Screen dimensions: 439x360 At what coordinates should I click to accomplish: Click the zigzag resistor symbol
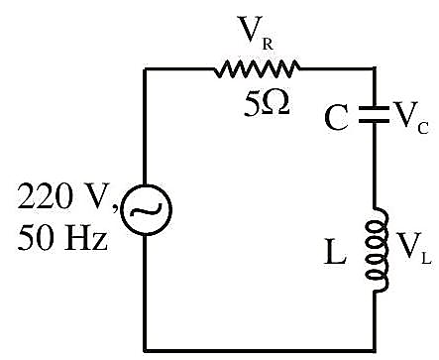257,68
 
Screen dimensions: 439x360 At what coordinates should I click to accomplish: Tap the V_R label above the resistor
256,33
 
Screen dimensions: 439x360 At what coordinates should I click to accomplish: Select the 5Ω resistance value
267,103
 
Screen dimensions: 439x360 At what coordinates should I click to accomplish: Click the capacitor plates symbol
374,114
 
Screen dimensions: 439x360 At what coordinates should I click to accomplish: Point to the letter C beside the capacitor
336,118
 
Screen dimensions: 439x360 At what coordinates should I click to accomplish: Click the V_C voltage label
411,118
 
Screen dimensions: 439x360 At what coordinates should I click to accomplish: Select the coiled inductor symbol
377,250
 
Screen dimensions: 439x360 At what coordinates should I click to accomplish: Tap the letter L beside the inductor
335,252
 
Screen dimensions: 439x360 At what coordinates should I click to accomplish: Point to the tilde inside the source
146,210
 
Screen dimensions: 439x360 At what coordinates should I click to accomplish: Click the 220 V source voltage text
67,197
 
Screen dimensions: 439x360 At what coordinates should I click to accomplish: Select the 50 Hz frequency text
62,238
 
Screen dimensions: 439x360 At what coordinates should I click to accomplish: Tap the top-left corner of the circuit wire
145,69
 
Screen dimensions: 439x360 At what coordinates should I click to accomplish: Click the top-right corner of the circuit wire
375,69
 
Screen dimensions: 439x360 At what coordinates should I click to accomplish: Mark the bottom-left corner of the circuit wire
145,350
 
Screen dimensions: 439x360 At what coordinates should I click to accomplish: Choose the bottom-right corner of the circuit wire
375,350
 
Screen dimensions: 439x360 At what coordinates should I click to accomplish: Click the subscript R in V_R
268,45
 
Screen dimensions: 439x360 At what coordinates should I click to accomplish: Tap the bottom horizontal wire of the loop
260,350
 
